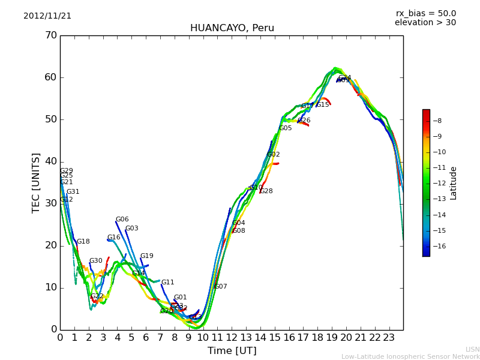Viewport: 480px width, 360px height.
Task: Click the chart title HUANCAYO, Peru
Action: click(232, 28)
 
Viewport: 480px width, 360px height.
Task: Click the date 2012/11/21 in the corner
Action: click(47, 16)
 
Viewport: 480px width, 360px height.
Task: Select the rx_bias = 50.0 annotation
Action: click(425, 14)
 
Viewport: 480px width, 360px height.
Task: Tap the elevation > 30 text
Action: click(425, 23)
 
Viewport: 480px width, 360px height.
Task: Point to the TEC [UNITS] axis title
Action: click(37, 182)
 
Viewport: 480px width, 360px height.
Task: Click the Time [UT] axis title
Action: click(232, 351)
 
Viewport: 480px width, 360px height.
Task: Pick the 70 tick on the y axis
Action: click(50, 35)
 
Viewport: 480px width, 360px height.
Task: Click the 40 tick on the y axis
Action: click(50, 161)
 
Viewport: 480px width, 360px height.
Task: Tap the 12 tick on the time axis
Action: click(232, 337)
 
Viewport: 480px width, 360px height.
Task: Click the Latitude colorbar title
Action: click(454, 183)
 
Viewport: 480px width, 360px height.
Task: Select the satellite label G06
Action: click(122, 220)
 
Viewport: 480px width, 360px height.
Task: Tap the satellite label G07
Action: click(221, 287)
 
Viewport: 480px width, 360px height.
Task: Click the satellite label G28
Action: click(266, 191)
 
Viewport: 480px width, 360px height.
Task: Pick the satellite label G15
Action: click(323, 105)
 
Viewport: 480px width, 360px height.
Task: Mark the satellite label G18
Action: click(83, 242)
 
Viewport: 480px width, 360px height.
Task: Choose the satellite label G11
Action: click(168, 283)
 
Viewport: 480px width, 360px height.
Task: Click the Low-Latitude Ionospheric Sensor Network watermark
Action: click(410, 356)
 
